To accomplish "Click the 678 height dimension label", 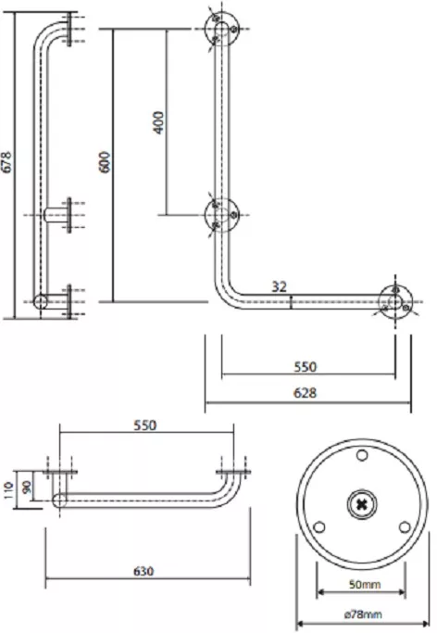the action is point(6,162).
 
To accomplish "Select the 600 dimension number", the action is point(105,162).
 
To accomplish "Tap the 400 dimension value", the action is point(159,122).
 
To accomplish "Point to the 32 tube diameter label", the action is point(279,286).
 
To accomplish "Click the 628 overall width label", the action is point(305,392).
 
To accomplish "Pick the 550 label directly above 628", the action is point(306,367).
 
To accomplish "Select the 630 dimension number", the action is point(144,571).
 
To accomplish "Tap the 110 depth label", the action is point(9,490).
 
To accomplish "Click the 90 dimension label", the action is point(28,487).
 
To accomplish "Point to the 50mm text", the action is point(365,584).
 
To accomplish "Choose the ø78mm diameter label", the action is point(363,614).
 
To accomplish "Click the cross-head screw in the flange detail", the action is point(362,504).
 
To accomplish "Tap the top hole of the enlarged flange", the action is point(362,455).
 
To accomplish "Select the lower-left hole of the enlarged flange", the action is point(319,527).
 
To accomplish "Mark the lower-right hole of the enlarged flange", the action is point(405,527).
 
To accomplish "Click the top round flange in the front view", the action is point(221,29).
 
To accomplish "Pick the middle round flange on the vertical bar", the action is point(221,215).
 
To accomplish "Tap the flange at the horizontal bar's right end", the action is point(395,301).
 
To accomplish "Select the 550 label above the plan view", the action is point(144,425).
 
